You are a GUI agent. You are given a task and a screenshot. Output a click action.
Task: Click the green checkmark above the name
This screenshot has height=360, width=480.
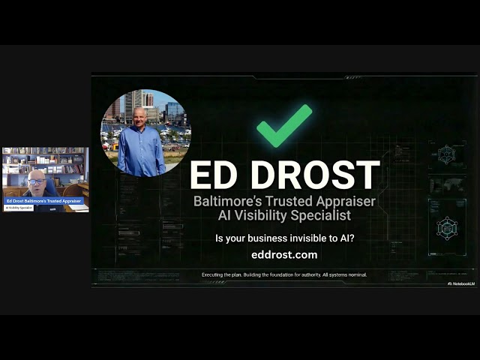pyautogui.click(x=284, y=125)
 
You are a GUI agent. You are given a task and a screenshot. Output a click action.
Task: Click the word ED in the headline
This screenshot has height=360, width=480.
pyautogui.click(x=217, y=175)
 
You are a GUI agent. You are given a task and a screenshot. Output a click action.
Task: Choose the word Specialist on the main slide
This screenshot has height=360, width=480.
pyautogui.click(x=318, y=216)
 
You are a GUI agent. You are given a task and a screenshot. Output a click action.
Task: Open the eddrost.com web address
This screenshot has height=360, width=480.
pyautogui.click(x=284, y=255)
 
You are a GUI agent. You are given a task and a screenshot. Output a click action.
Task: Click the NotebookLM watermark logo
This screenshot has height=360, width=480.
pyautogui.click(x=460, y=283)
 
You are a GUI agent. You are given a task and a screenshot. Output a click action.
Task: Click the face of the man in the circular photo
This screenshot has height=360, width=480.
pyautogui.click(x=140, y=116)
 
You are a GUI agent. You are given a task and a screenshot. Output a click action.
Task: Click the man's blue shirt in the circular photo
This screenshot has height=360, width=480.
pyautogui.click(x=141, y=150)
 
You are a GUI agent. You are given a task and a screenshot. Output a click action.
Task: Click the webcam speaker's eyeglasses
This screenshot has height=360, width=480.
pyautogui.click(x=37, y=181)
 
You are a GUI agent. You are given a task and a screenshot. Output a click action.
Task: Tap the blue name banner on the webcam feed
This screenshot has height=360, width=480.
pyautogui.click(x=43, y=201)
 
